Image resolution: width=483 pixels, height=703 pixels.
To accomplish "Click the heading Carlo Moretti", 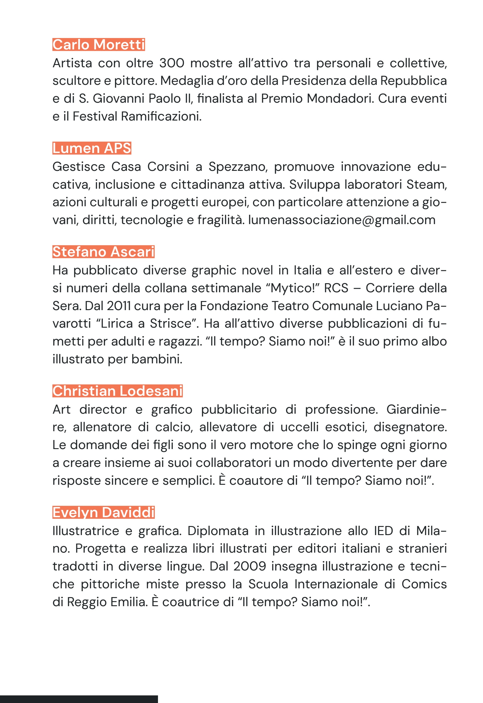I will [x=99, y=44].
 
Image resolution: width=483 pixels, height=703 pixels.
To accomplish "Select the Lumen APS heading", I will [x=92, y=148].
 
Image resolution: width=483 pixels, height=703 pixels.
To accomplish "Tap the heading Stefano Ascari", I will [x=104, y=252].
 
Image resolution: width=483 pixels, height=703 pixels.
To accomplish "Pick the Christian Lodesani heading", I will [x=117, y=391].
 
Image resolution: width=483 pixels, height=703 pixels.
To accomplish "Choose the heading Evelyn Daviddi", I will [x=104, y=512].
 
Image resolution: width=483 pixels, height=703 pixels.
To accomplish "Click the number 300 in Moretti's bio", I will [x=172, y=63].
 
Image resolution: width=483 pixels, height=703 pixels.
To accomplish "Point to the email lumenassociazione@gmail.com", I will [x=342, y=220].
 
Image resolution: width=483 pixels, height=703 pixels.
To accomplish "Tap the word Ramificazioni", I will [x=161, y=116].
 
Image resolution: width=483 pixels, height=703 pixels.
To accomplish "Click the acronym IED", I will [x=384, y=530].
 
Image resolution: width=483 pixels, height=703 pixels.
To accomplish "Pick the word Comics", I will [x=424, y=584].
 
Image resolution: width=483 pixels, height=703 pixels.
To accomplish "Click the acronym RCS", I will [x=336, y=288].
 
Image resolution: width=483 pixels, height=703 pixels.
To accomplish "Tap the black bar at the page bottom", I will [x=79, y=699].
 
